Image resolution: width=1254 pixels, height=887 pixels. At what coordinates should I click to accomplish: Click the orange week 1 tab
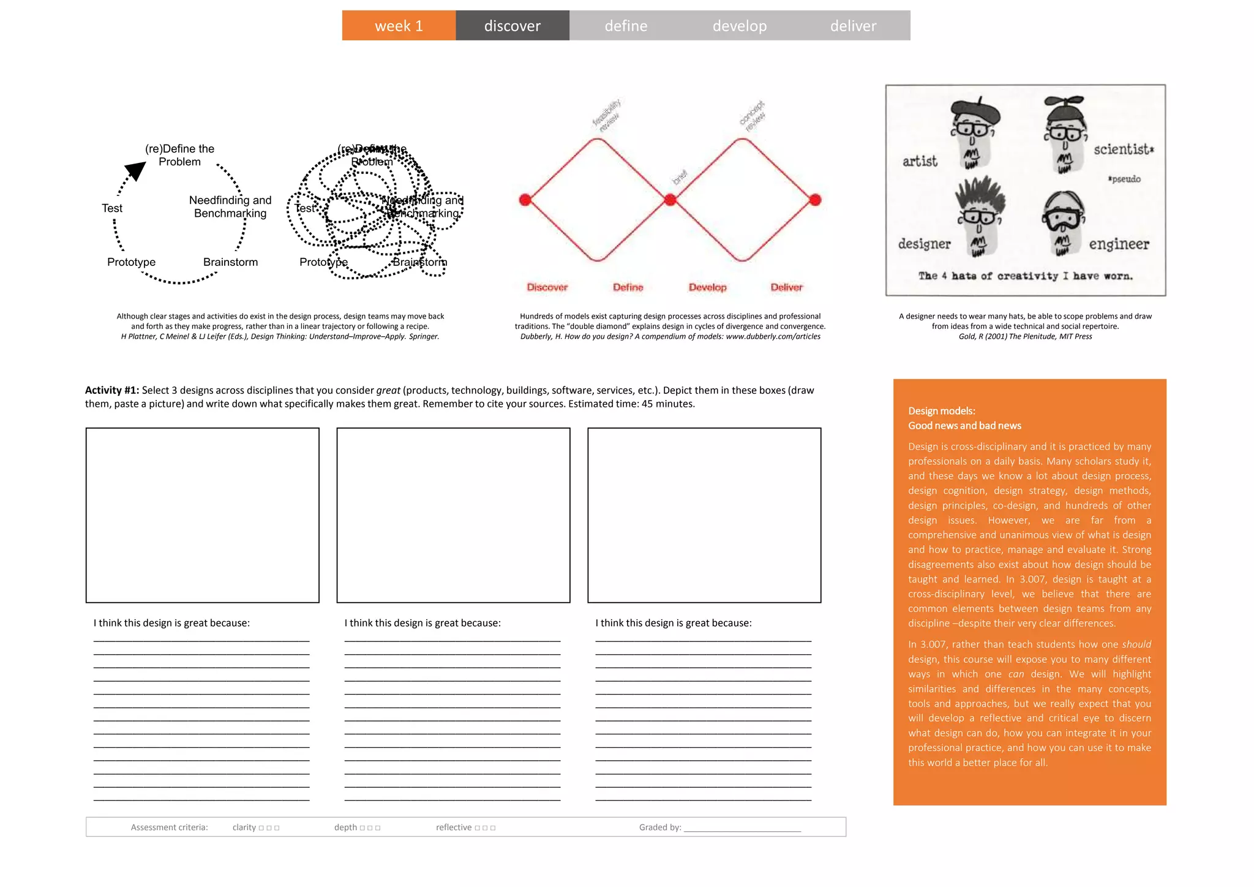(399, 26)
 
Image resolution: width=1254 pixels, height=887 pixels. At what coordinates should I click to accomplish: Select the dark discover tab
(512, 26)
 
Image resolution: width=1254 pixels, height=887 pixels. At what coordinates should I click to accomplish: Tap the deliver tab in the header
(853, 26)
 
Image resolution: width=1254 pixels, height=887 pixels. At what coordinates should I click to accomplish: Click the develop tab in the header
(739, 26)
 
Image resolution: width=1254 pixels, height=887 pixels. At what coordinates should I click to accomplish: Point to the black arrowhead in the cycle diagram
(135, 170)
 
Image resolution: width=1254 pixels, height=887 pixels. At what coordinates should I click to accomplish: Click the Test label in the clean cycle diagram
(112, 208)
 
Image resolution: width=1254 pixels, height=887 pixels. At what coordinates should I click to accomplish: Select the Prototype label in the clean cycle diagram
(131, 262)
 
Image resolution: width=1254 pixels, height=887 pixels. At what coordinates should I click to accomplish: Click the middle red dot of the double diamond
(670, 200)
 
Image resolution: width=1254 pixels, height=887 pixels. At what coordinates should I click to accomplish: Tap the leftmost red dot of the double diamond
(525, 200)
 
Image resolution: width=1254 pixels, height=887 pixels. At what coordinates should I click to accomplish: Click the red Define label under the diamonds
(628, 287)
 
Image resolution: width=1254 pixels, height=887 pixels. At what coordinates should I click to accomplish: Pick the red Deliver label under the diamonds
(786, 287)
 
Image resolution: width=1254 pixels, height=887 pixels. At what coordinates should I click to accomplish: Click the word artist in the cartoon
(920, 161)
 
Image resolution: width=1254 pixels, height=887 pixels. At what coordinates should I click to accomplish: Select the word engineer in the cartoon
(1119, 244)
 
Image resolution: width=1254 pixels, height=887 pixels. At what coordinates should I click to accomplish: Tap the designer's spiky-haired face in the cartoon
(980, 217)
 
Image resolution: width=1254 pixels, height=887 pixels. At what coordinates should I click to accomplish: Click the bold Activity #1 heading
(112, 390)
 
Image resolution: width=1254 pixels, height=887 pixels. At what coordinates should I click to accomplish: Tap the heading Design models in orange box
(941, 411)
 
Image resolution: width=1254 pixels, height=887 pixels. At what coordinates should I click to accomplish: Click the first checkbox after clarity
(261, 828)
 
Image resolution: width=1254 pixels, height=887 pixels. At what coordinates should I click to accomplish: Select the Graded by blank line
(742, 828)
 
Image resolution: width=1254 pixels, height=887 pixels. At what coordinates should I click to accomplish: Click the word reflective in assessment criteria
(454, 828)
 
